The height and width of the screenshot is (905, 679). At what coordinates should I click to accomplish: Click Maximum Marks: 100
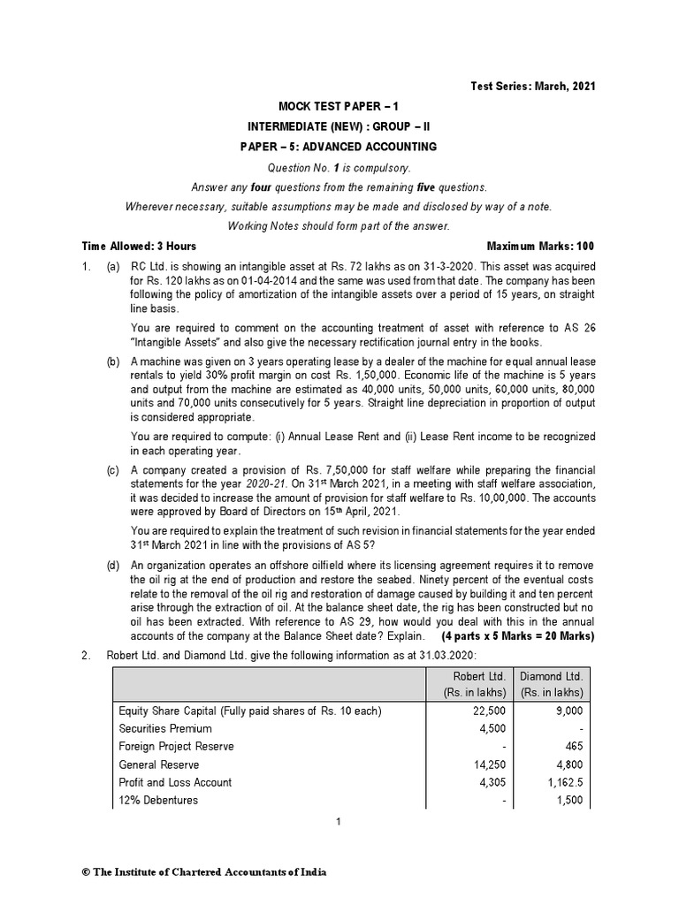point(541,246)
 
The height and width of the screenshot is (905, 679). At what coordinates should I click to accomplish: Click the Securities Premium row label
point(164,728)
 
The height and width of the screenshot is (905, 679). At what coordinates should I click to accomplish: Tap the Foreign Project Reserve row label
point(176,746)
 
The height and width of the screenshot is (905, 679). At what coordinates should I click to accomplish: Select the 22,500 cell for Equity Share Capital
point(490,711)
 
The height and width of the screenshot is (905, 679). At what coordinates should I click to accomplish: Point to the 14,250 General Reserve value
point(490,764)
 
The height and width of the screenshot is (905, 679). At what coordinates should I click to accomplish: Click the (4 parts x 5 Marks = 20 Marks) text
point(518,635)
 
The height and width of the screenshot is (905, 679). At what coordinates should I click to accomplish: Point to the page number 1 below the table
point(339,822)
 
